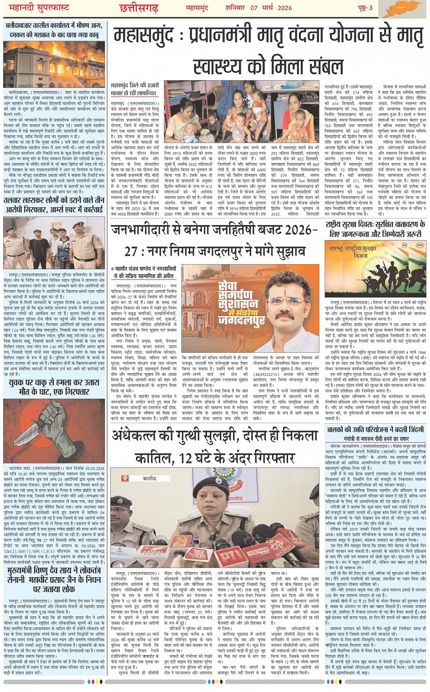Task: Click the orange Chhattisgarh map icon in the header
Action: (x=406, y=8)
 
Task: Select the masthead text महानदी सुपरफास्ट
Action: (x=35, y=8)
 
